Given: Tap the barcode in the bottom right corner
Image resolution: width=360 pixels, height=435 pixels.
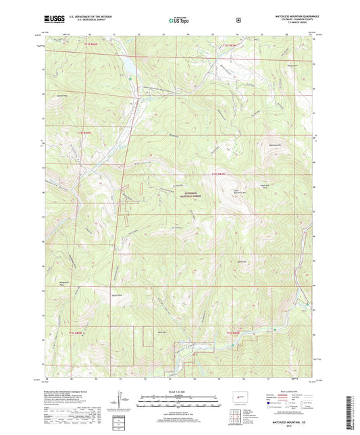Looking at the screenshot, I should click(x=351, y=412).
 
